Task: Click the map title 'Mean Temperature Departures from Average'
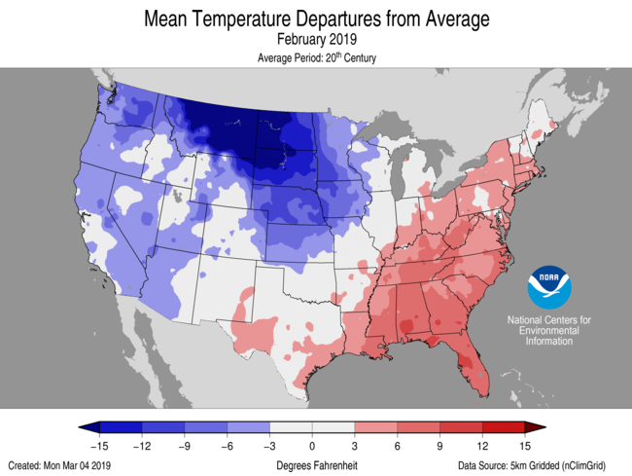(x=316, y=18)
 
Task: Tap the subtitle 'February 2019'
(x=316, y=40)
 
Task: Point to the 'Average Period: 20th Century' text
(x=316, y=58)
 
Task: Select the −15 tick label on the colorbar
(x=99, y=444)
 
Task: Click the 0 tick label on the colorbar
(x=312, y=444)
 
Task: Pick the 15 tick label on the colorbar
(x=525, y=444)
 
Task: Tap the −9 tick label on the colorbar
(x=185, y=444)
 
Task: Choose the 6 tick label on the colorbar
(x=398, y=444)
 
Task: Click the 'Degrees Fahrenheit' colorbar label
(x=316, y=465)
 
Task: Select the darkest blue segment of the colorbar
(x=121, y=427)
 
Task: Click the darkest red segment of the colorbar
(x=504, y=427)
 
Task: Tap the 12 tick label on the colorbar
(x=482, y=444)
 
